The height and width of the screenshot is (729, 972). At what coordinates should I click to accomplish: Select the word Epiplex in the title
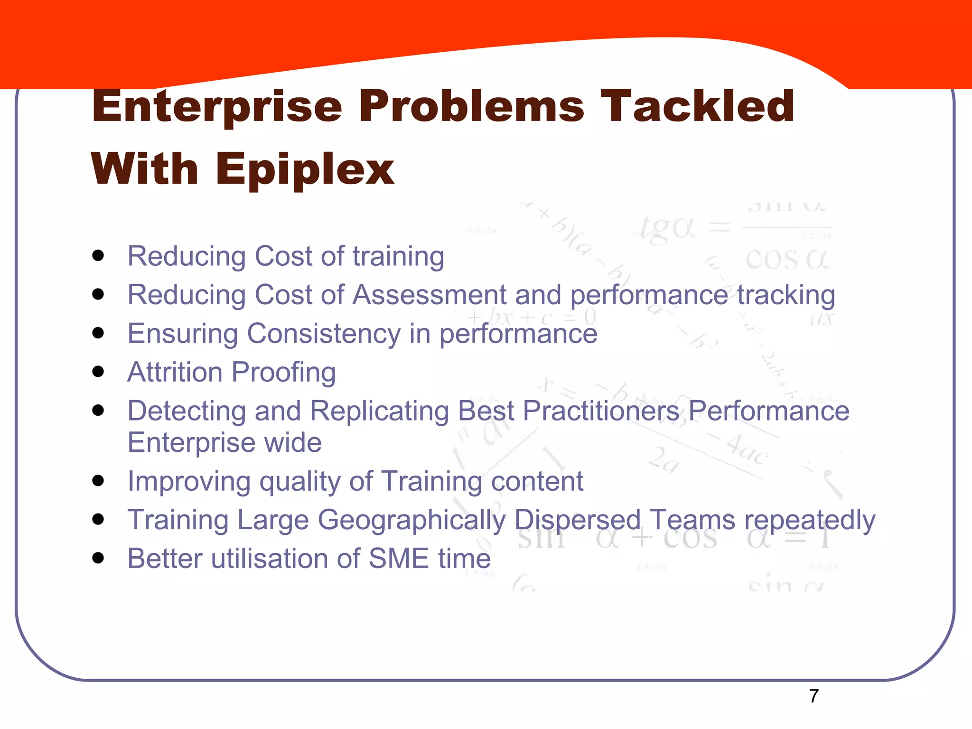click(x=304, y=170)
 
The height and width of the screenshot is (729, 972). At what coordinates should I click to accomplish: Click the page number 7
click(x=813, y=696)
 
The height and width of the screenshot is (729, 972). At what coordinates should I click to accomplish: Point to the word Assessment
click(x=430, y=295)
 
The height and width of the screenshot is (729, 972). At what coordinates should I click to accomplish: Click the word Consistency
click(x=324, y=333)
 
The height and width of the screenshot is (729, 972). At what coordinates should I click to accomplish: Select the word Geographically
click(x=411, y=520)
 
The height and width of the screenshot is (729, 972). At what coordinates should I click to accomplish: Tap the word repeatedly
click(x=810, y=520)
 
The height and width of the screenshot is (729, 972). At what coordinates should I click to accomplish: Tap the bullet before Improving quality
click(x=98, y=481)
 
